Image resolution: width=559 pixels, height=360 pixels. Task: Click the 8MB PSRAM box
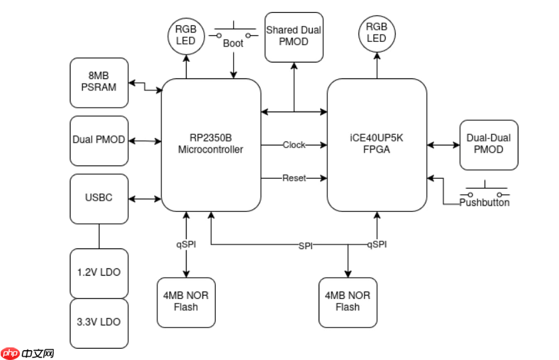tap(99, 83)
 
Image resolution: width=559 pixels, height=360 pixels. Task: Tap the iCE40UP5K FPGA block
tap(376, 145)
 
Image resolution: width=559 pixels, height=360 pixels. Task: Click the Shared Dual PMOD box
tap(293, 36)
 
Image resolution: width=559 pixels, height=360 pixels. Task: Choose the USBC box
tap(99, 198)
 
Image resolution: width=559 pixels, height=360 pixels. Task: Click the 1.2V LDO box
tap(99, 273)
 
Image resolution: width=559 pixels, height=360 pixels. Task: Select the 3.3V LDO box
tap(99, 323)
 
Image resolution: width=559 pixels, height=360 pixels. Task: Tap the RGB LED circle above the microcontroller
tap(185, 33)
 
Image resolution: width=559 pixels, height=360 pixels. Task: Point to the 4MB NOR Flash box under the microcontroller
tap(186, 302)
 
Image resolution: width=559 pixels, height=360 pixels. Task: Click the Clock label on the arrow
tap(294, 145)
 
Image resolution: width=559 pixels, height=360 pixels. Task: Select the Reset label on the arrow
tap(294, 178)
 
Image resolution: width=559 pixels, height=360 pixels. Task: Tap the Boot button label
tap(233, 43)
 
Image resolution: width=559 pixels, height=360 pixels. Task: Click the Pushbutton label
tap(485, 202)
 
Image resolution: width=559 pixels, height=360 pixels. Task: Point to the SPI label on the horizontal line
tap(305, 246)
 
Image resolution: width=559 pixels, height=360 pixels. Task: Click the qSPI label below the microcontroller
tap(186, 244)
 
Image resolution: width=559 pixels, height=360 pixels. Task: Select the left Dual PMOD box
tap(99, 141)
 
